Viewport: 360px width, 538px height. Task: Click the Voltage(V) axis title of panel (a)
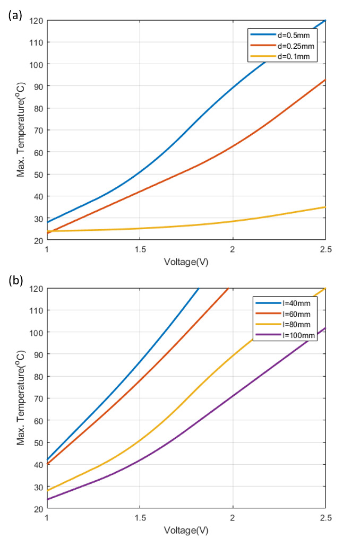click(186, 262)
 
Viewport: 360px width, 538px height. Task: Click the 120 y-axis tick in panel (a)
click(37, 20)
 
